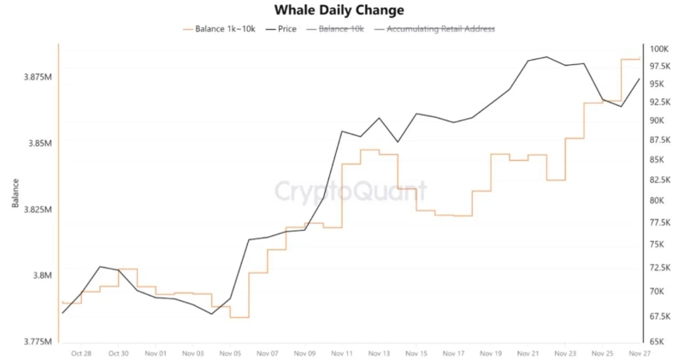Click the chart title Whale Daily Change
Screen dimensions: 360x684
point(339,10)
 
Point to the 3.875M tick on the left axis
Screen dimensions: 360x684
point(37,77)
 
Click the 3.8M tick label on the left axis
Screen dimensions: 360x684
point(41,275)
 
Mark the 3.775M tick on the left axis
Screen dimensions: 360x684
point(37,341)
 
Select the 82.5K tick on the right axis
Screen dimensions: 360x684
point(660,180)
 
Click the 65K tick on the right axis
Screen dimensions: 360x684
point(659,341)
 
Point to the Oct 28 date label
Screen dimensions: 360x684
point(82,353)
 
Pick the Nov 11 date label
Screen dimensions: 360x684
point(342,353)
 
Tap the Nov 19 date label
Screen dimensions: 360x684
point(491,353)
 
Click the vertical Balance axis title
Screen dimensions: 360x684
point(15,192)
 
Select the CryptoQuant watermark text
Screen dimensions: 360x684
point(339,190)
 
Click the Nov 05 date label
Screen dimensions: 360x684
point(231,353)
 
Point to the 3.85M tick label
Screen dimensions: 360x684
point(38,143)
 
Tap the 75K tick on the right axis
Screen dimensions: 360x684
point(659,245)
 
